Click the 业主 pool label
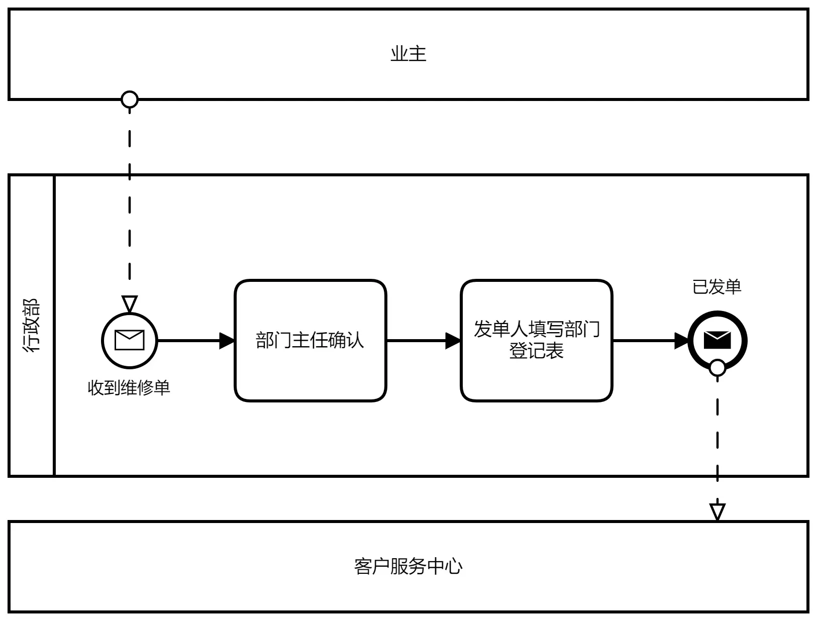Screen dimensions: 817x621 click(408, 54)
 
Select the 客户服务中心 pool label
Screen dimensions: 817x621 click(408, 567)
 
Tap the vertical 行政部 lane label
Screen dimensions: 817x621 click(31, 325)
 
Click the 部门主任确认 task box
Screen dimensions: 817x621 click(311, 341)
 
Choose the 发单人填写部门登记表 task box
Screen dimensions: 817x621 click(536, 341)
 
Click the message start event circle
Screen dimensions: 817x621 click(130, 341)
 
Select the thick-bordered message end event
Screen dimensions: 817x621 click(717, 341)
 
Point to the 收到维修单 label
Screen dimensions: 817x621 click(129, 388)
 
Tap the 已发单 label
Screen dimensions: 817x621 click(717, 287)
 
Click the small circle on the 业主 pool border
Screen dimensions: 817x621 click(130, 99)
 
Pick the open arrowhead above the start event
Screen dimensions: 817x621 click(130, 304)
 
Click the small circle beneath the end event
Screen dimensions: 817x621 click(717, 368)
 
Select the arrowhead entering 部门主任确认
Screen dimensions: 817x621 click(227, 341)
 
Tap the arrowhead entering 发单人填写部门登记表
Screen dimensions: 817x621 click(453, 341)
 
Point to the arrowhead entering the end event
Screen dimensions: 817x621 click(681, 341)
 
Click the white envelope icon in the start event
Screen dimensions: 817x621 click(130, 340)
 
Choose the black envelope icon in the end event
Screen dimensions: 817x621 click(717, 340)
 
